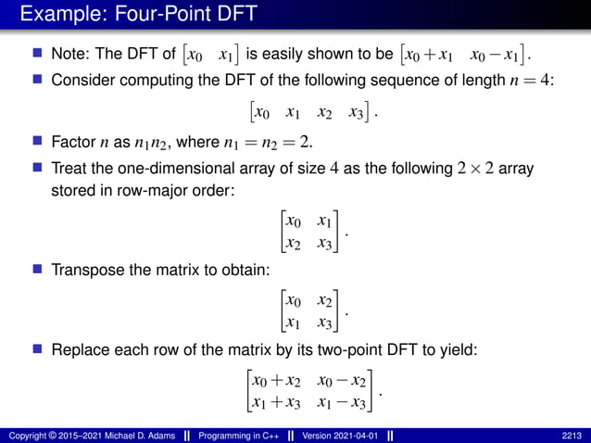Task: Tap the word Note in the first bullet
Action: click(x=69, y=55)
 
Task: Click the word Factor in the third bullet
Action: click(x=73, y=144)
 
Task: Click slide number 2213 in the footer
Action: click(x=572, y=435)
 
